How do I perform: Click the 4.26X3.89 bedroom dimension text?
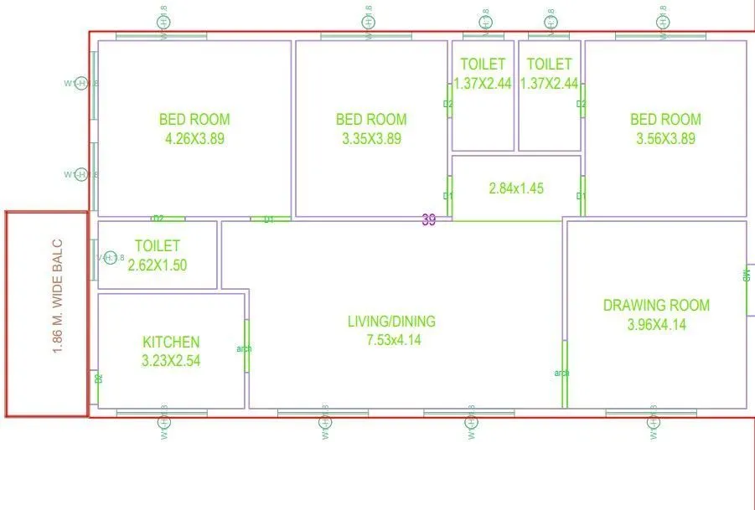pos(194,139)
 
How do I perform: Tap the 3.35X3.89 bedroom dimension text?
pos(371,139)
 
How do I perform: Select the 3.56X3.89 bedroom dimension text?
pos(665,139)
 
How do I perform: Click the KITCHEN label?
pos(171,342)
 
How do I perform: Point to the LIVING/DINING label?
pos(392,322)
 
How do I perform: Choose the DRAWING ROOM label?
pos(656,306)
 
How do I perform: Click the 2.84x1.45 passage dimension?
pos(516,188)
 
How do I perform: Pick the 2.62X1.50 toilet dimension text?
pos(158,265)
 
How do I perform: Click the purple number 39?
pos(429,220)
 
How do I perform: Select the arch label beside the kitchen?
pos(244,349)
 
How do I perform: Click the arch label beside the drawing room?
pos(561,373)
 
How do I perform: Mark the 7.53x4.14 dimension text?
pos(392,341)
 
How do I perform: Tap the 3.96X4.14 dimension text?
pos(656,325)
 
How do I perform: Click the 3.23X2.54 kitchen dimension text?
pos(171,361)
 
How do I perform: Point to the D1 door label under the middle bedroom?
pos(269,219)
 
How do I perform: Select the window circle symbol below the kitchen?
pos(164,424)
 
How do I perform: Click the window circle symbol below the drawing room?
pos(653,424)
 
